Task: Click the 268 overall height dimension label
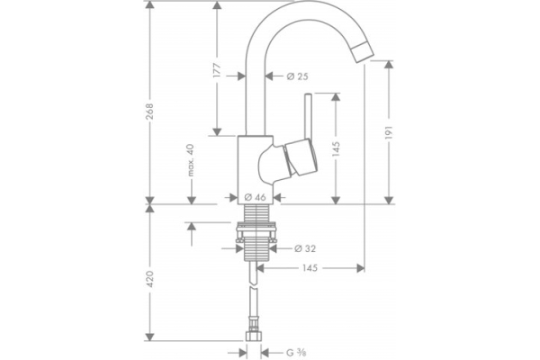[150, 112]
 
